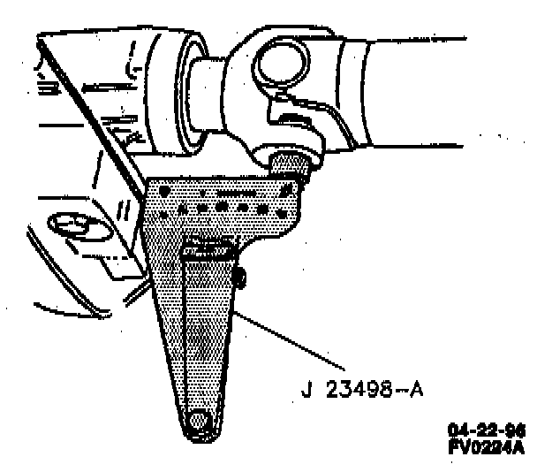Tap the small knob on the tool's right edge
(240, 279)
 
